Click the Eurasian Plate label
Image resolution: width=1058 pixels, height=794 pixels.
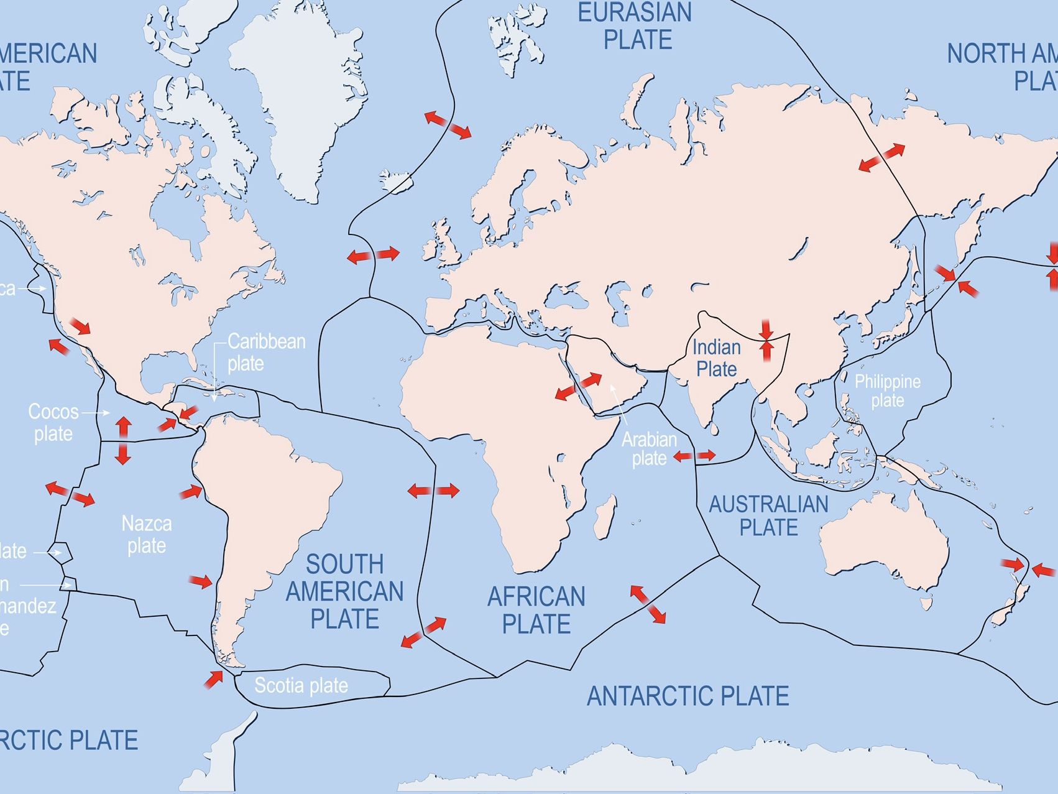pyautogui.click(x=635, y=26)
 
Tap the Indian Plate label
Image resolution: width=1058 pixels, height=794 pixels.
pyautogui.click(x=717, y=358)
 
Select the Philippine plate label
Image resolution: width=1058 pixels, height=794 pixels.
pyautogui.click(x=887, y=390)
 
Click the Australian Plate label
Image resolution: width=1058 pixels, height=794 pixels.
pyautogui.click(x=768, y=515)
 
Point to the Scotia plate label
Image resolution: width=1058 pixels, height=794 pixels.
pyautogui.click(x=301, y=685)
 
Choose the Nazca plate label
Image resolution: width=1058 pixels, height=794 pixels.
pyautogui.click(x=147, y=534)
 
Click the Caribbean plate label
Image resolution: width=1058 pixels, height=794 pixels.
pyautogui.click(x=266, y=352)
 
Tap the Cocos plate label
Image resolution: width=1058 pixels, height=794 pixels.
pyautogui.click(x=53, y=422)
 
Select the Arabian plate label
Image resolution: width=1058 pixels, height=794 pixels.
pyautogui.click(x=649, y=448)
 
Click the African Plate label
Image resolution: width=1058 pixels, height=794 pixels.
pyautogui.click(x=536, y=609)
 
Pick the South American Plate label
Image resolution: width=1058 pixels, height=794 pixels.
pyautogui.click(x=344, y=591)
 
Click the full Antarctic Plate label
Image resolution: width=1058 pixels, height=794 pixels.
pyautogui.click(x=688, y=696)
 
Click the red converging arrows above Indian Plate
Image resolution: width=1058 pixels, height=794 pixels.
pyautogui.click(x=766, y=340)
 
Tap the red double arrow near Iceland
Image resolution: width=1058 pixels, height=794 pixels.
pyautogui.click(x=448, y=125)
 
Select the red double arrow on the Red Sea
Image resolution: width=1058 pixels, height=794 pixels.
pyautogui.click(x=578, y=386)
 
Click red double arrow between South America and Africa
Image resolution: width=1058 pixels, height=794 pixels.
pyautogui.click(x=433, y=491)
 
